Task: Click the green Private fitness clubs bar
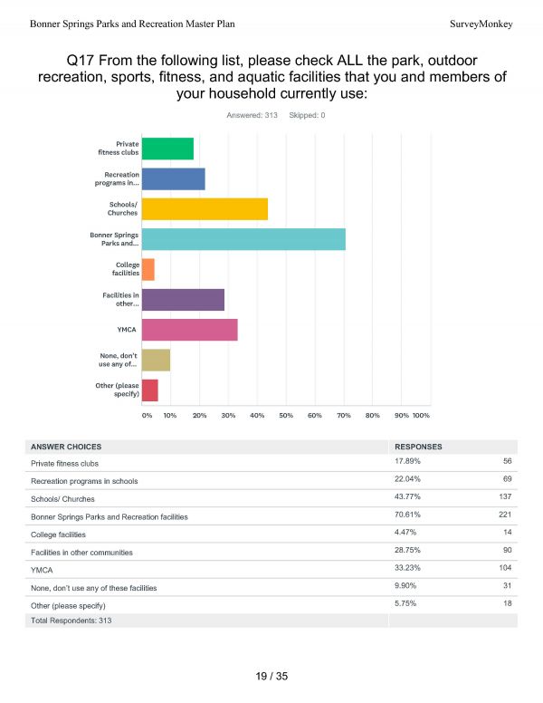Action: point(168,149)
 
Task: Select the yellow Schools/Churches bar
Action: point(205,209)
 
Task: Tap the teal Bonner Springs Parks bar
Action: point(243,239)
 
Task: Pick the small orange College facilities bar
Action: point(148,270)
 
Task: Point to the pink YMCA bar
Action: point(190,330)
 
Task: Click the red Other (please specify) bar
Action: point(150,390)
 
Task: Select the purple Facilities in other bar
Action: point(183,300)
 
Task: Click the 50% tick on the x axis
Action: point(286,416)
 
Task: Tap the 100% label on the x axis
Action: point(421,416)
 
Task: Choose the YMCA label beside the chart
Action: point(127,330)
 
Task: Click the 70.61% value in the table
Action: point(407,515)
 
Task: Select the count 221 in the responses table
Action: point(505,515)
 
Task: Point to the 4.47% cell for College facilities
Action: point(405,532)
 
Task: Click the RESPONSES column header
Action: point(418,447)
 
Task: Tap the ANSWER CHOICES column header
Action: point(66,447)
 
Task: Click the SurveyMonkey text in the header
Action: point(481,24)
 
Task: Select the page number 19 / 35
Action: point(271,677)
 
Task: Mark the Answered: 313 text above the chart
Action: point(252,116)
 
